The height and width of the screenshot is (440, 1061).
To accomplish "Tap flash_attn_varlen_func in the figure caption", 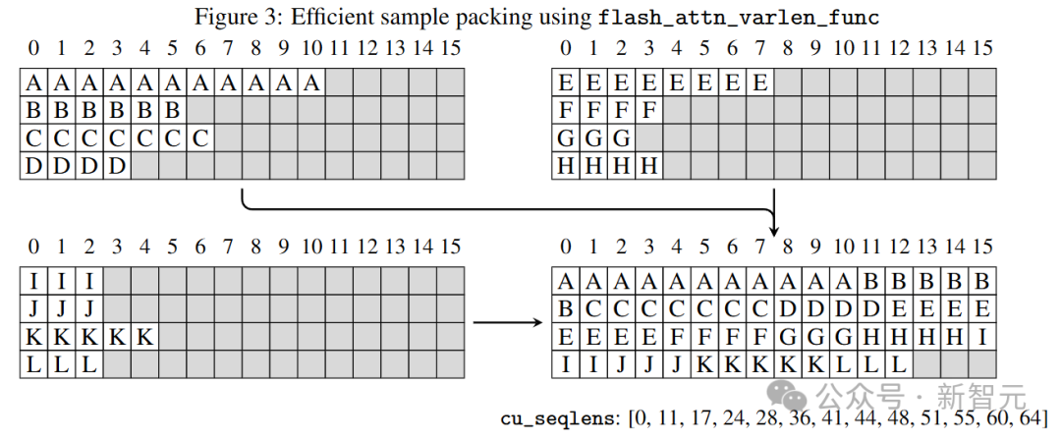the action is click(739, 18).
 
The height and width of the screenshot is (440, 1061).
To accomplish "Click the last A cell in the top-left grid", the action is click(311, 82).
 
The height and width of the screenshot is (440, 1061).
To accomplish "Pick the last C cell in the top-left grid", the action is click(200, 138).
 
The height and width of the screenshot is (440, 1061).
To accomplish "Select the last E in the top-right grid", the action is click(759, 82).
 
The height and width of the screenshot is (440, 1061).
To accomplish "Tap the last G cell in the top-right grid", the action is click(621, 138).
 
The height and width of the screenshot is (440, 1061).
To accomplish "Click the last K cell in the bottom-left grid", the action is click(144, 337).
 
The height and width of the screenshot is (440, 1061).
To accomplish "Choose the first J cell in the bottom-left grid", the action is click(33, 308).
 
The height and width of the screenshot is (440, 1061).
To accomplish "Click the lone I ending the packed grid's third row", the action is click(981, 337).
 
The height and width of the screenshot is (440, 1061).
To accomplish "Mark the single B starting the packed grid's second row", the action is click(566, 308).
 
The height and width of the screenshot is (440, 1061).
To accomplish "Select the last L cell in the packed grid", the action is click(899, 364).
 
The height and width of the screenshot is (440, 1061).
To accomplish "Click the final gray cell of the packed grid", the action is click(981, 364).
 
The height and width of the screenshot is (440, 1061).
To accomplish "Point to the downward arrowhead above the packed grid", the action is click(774, 228).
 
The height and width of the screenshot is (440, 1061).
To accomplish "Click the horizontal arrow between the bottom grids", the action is click(508, 322).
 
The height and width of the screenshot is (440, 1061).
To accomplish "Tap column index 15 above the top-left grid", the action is click(450, 48).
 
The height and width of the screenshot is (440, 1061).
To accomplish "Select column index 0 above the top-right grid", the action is click(566, 48).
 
